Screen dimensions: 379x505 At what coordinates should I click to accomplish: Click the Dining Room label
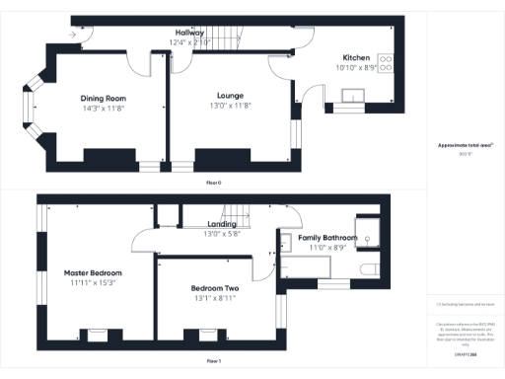pos(104,98)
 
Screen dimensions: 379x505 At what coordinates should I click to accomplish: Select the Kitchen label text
pos(356,57)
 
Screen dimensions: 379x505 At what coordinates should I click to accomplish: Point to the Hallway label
pos(183,33)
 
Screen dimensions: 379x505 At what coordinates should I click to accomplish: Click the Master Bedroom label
pos(93,272)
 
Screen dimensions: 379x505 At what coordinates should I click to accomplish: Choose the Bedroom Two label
pos(215,288)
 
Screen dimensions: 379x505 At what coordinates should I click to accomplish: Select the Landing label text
pos(221,224)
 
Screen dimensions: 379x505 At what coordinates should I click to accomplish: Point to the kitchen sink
pos(352,96)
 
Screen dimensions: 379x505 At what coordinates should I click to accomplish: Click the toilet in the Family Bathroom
pos(367,269)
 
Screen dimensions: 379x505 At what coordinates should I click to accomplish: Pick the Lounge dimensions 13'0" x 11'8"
pos(231,107)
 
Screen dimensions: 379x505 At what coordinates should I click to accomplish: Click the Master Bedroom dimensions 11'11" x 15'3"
pos(93,283)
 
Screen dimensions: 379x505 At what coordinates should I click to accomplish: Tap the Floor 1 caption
pos(214,361)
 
